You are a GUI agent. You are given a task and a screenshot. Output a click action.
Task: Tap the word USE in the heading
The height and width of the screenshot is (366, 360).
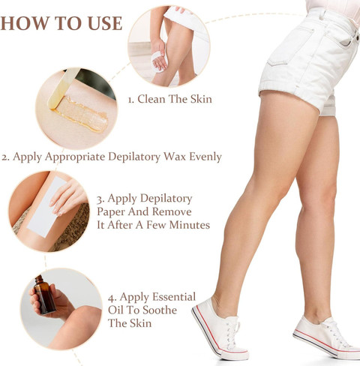coord(105,23)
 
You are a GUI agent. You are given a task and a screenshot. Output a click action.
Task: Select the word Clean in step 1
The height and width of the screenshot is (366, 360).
coord(151,99)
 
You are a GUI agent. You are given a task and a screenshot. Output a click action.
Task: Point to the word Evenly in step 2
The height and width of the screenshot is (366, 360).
coord(205,157)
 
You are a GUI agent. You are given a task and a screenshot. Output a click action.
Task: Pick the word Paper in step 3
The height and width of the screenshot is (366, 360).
coord(111,212)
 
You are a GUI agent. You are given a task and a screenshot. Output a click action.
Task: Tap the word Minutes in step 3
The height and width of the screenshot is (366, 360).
coord(190,225)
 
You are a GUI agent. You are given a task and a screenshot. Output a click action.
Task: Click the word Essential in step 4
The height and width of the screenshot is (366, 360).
coord(174,297)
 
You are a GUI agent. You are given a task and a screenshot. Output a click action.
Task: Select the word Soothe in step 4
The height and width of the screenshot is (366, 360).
coord(160,310)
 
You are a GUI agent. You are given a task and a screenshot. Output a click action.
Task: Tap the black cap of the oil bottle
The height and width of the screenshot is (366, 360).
coord(39,279)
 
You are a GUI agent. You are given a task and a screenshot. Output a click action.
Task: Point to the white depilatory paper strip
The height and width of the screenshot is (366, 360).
coord(46,206)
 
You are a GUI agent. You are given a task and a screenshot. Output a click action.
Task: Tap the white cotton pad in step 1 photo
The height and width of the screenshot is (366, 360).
coord(159,61)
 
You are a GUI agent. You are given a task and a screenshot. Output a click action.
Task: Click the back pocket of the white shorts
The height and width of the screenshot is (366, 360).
coord(291,46)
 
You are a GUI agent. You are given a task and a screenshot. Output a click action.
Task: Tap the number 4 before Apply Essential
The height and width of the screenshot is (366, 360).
coord(112,298)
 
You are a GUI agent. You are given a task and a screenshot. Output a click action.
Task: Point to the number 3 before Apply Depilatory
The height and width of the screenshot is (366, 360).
coord(100,199)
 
